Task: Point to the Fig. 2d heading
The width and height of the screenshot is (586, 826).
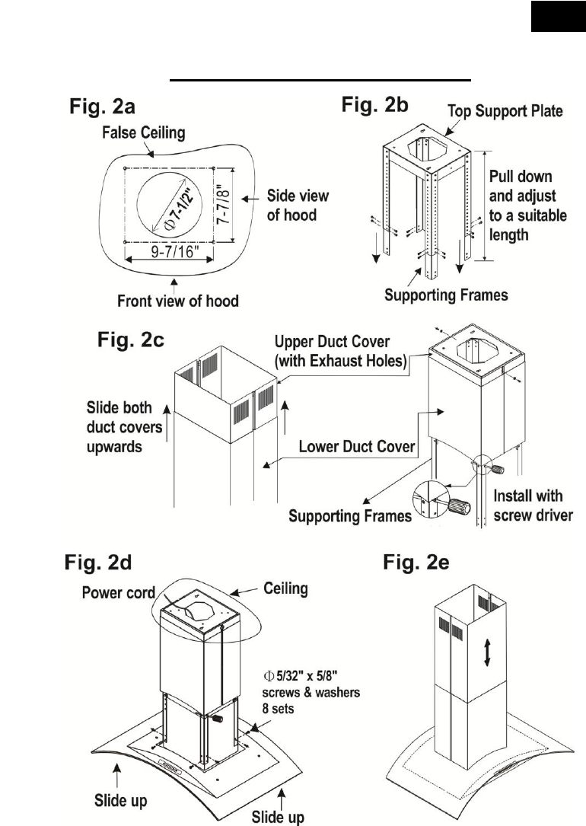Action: [100, 566]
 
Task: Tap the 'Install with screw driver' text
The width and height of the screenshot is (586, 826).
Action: [528, 505]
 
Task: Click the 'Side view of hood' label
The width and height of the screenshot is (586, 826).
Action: [298, 206]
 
